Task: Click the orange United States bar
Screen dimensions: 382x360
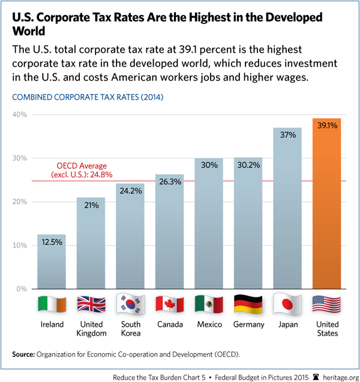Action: point(326,204)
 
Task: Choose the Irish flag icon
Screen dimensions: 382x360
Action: point(51,304)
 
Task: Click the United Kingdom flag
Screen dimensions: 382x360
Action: point(90,304)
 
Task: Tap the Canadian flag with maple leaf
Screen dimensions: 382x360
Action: point(169,304)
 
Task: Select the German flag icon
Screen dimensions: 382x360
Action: point(248,304)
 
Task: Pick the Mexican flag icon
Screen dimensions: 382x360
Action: point(208,304)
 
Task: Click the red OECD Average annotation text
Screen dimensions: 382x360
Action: point(84,170)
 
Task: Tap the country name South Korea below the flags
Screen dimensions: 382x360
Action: point(130,329)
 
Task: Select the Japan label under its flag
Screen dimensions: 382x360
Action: point(287,324)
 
